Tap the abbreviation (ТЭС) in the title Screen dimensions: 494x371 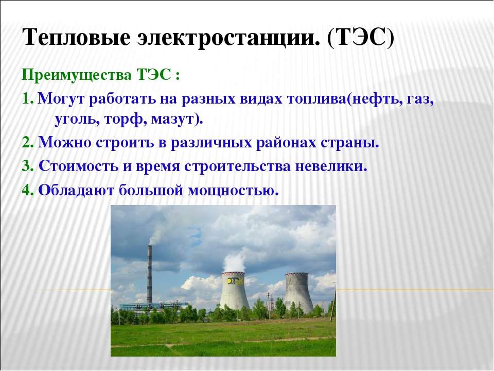(361, 37)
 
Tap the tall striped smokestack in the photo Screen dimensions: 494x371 (149, 274)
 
